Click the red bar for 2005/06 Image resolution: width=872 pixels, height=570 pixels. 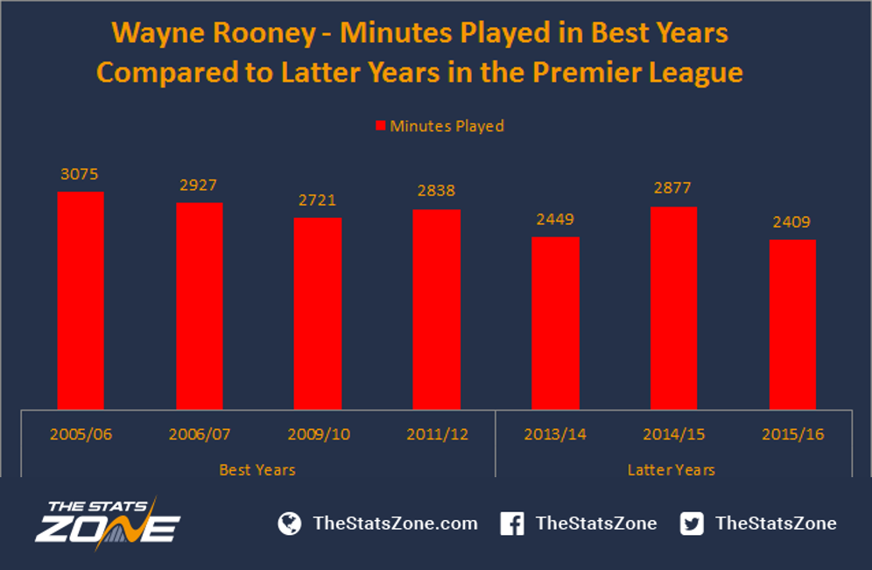(x=81, y=300)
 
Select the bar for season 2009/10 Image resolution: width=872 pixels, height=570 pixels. (x=318, y=313)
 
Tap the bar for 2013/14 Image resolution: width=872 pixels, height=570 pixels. (x=555, y=323)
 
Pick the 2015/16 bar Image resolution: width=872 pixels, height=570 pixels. (x=792, y=325)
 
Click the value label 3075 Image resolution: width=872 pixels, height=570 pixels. (x=79, y=174)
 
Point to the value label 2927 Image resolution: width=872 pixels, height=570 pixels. (x=198, y=185)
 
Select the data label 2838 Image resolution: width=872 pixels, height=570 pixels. (x=436, y=191)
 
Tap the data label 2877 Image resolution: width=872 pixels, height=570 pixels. (x=672, y=188)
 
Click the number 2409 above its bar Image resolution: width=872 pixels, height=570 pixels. (x=791, y=222)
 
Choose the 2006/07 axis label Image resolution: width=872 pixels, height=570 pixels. (x=199, y=434)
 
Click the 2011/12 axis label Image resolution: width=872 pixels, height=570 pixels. (x=437, y=434)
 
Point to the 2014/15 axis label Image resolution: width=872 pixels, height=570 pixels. (x=673, y=434)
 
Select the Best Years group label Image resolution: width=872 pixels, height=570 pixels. (x=257, y=470)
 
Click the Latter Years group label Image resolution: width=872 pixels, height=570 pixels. (x=672, y=470)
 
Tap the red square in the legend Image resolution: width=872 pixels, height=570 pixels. (x=380, y=126)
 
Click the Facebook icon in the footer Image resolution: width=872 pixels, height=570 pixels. (x=511, y=524)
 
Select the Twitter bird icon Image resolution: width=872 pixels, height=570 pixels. (x=692, y=524)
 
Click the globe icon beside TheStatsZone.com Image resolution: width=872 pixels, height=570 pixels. (x=290, y=524)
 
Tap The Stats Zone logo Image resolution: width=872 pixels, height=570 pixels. (x=108, y=524)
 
